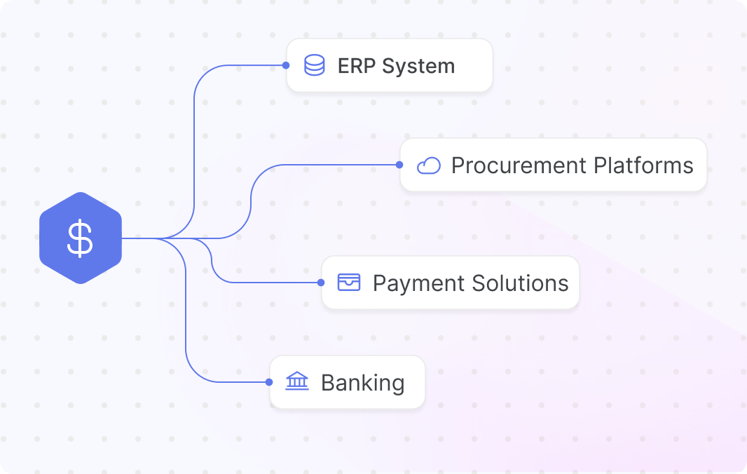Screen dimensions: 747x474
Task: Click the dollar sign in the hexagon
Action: [80, 238]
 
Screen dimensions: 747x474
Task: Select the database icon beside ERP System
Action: [315, 65]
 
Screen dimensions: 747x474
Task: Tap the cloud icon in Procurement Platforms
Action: [429, 165]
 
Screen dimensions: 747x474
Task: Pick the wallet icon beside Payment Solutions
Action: [349, 283]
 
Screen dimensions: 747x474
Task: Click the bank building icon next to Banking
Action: [297, 381]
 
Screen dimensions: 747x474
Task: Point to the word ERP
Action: [357, 66]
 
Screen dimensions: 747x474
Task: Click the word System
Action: [418, 67]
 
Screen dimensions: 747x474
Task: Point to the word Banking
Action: [363, 383]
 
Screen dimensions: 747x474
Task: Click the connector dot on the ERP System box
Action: [286, 65]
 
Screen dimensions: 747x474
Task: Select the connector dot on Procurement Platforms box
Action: [399, 165]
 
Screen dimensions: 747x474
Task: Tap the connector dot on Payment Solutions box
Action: [321, 283]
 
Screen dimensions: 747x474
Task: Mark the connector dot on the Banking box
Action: [269, 382]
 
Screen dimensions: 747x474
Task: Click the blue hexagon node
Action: [81, 238]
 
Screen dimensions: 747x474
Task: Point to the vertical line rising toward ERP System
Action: [194, 153]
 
